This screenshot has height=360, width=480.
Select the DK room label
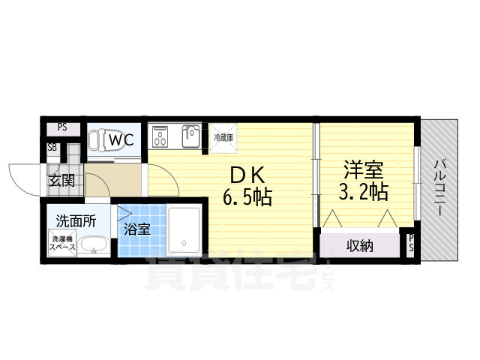pyautogui.click(x=246, y=174)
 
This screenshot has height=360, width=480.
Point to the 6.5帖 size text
pyautogui.click(x=246, y=199)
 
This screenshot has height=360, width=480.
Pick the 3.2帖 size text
pyautogui.click(x=362, y=192)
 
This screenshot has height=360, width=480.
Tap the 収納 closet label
pyautogui.click(x=361, y=246)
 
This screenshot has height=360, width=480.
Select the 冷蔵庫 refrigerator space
pyautogui.click(x=223, y=138)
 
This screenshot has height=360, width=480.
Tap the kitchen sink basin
pyautogui.click(x=189, y=136)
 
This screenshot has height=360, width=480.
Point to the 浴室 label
pyautogui.click(x=136, y=229)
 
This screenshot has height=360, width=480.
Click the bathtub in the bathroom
pyautogui.click(x=182, y=229)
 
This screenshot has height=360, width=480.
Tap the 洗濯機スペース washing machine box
pyautogui.click(x=61, y=243)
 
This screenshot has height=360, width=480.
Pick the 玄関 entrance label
pyautogui.click(x=61, y=181)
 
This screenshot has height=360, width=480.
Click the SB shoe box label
pyautogui.click(x=52, y=148)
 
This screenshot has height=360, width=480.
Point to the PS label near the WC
pyautogui.click(x=62, y=127)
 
